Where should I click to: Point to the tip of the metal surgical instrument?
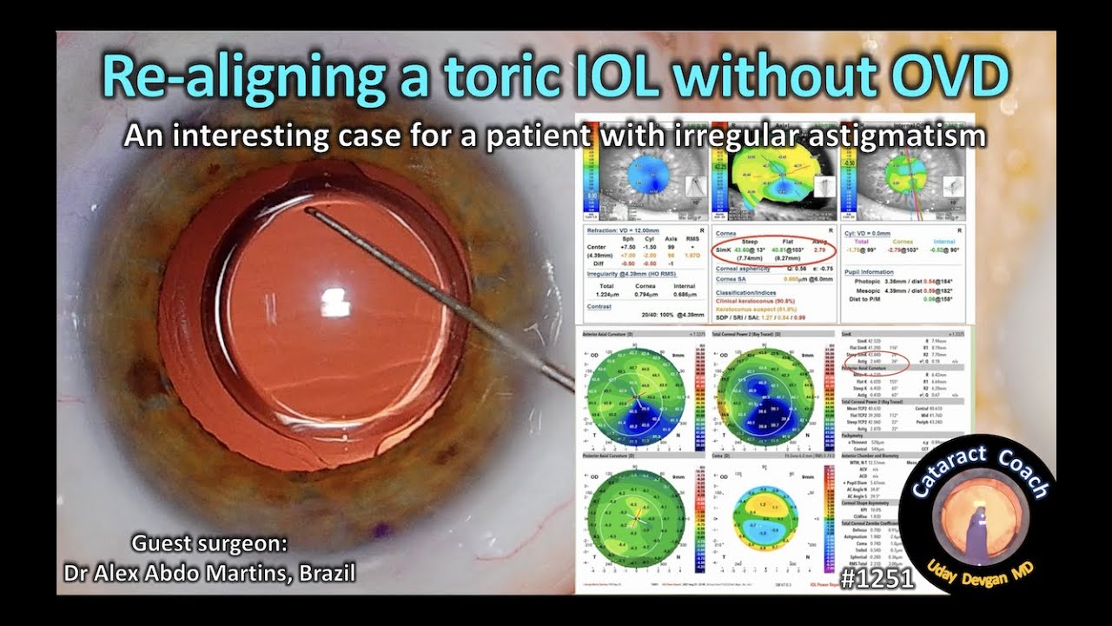point(308,210)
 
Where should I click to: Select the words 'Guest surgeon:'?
point(208,544)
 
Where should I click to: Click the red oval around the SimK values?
point(773,252)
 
